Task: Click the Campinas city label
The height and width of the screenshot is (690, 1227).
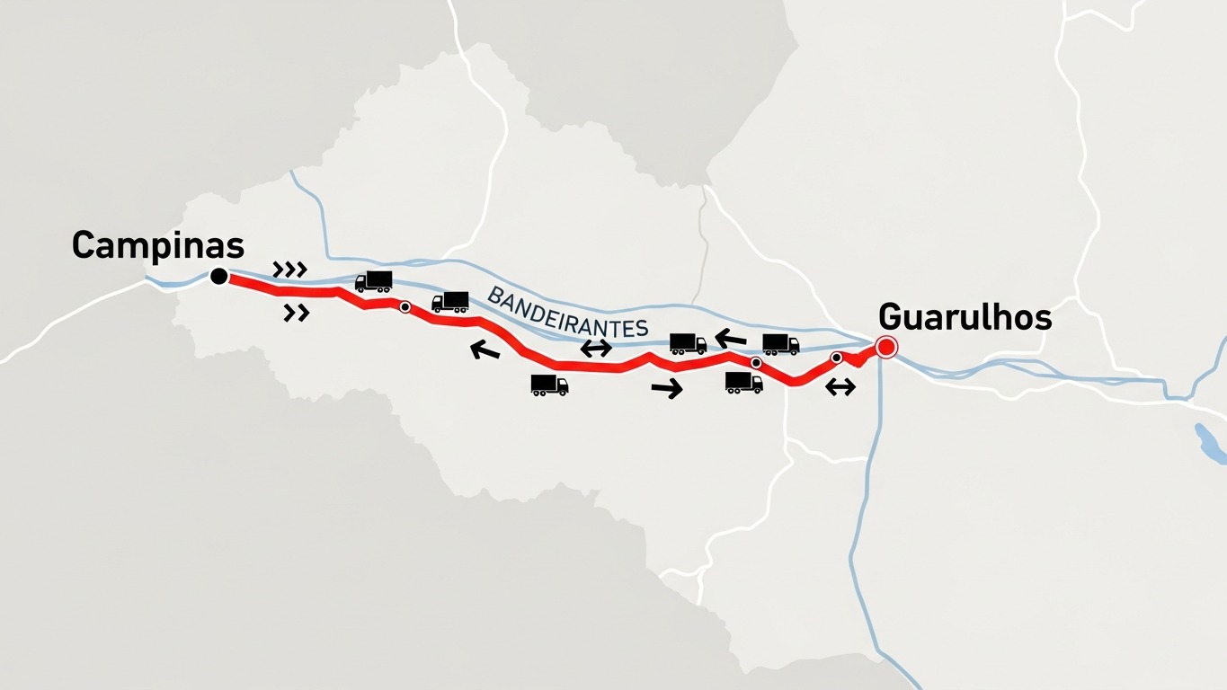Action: click(x=158, y=245)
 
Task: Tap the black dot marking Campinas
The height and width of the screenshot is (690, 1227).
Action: click(x=218, y=277)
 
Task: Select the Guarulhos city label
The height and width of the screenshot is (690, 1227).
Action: click(x=965, y=317)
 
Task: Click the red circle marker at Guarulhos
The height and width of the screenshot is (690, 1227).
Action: click(x=886, y=347)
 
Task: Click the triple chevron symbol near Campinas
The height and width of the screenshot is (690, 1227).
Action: click(x=289, y=269)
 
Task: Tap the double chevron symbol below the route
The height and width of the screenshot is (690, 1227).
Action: click(x=297, y=313)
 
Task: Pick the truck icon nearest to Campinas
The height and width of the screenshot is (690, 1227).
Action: click(x=374, y=281)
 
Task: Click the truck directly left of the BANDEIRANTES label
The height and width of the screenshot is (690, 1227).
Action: click(x=450, y=302)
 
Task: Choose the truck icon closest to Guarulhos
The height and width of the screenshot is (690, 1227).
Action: click(x=780, y=343)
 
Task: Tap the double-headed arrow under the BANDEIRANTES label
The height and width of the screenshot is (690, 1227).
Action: click(x=596, y=349)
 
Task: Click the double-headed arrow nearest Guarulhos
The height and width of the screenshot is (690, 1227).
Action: click(x=840, y=387)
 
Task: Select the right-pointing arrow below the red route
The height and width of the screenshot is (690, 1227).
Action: click(x=667, y=389)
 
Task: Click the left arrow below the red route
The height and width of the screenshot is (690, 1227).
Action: click(x=485, y=350)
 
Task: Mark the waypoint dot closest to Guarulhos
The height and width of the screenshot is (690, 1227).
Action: click(x=837, y=358)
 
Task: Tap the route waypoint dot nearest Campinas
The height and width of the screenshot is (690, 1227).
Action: click(x=405, y=307)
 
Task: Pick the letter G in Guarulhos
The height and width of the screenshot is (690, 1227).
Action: click(x=890, y=317)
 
